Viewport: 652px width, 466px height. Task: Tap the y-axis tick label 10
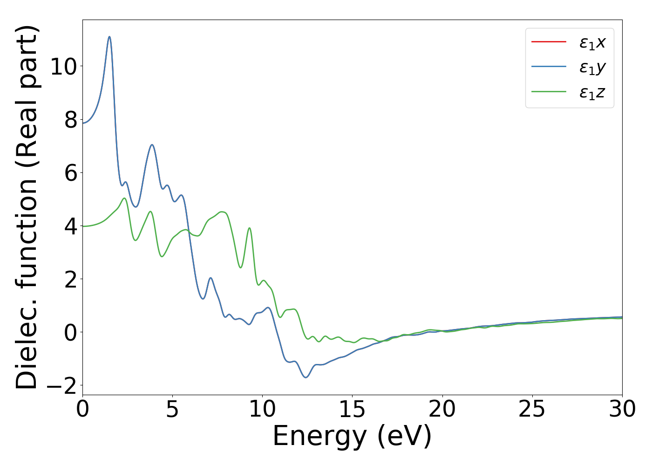coord(63,67)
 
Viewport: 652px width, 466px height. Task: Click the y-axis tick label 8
coord(71,120)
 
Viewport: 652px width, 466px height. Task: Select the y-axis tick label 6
coord(71,173)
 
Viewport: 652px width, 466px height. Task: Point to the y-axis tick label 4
coord(71,226)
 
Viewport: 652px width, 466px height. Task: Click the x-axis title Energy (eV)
coord(352,437)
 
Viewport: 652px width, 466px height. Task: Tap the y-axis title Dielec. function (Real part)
coord(27,207)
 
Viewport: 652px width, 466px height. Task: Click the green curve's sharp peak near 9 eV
coord(250,228)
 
